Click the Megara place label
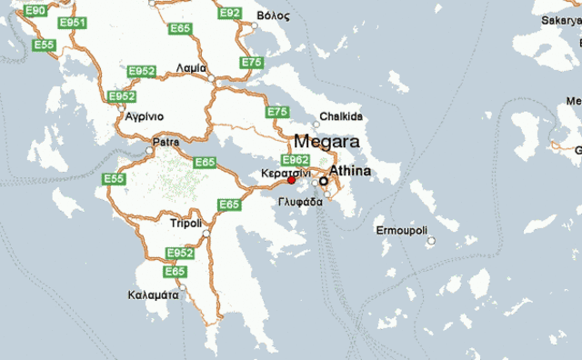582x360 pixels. [326, 143]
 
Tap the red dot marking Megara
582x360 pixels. [291, 180]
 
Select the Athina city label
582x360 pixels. [351, 170]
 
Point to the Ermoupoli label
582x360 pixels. [401, 231]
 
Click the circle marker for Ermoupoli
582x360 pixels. [432, 241]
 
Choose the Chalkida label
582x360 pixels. [341, 116]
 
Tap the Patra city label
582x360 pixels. [166, 142]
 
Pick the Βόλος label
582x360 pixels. [274, 16]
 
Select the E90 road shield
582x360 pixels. [35, 10]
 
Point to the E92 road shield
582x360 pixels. [230, 13]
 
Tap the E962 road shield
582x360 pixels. [296, 160]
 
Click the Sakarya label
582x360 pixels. [562, 19]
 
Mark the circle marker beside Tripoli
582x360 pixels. [206, 234]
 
